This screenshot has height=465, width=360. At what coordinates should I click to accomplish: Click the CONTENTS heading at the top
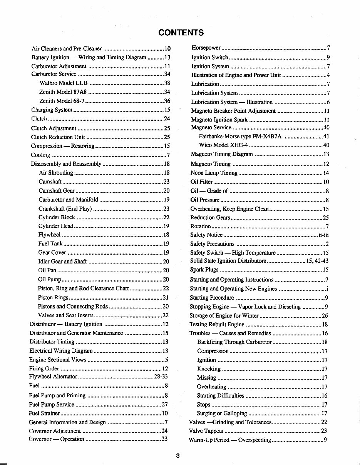click(181, 32)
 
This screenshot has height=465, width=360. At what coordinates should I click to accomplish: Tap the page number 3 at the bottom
click(178, 456)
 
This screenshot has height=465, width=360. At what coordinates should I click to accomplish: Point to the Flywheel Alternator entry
click(54, 377)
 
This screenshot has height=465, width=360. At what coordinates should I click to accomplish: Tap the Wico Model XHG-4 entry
click(223, 145)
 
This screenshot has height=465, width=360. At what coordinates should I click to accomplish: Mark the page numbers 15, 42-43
click(317, 261)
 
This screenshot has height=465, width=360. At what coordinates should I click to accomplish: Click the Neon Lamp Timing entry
click(214, 173)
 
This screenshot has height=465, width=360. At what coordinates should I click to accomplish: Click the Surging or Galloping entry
click(222, 414)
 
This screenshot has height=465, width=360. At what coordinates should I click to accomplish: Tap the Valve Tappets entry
click(206, 431)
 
